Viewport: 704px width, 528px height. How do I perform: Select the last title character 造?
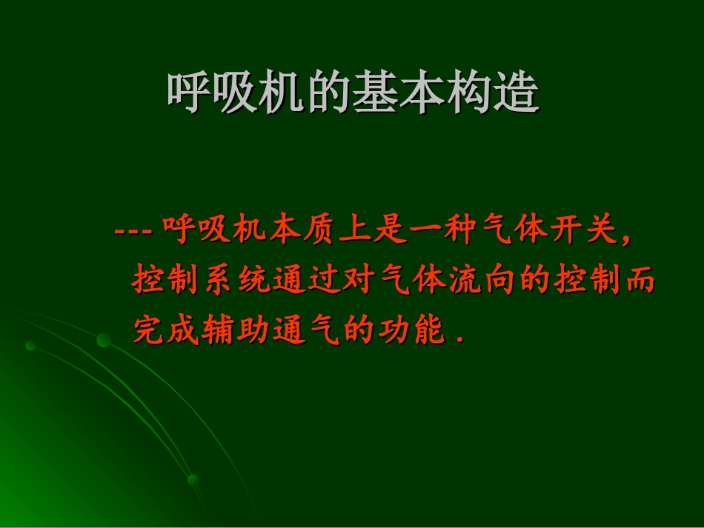(516, 93)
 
